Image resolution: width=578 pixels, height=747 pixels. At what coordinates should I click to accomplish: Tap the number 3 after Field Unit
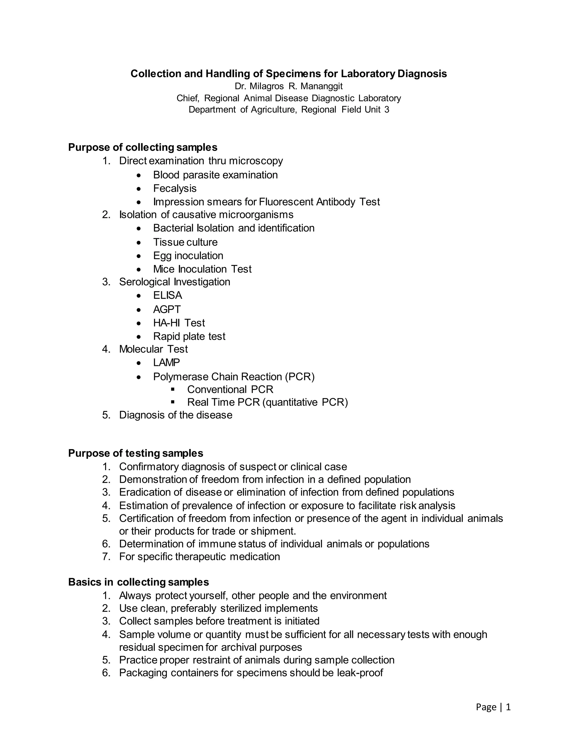387,110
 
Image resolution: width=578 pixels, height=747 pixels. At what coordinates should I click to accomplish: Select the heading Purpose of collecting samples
143,147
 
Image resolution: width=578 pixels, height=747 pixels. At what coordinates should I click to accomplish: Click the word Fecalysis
175,189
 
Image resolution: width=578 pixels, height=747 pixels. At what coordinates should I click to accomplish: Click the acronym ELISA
167,295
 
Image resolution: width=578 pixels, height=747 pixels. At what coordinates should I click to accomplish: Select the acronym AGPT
167,310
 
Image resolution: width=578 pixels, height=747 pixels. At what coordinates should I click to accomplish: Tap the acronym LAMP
167,363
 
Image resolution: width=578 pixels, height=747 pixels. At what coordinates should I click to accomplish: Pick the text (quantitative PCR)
305,402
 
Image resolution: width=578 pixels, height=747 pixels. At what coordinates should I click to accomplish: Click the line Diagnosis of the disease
176,415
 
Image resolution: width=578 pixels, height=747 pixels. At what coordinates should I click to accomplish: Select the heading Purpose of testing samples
135,453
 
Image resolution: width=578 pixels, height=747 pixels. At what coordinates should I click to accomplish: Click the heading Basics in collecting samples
138,582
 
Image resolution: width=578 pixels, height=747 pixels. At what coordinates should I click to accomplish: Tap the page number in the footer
508,707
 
